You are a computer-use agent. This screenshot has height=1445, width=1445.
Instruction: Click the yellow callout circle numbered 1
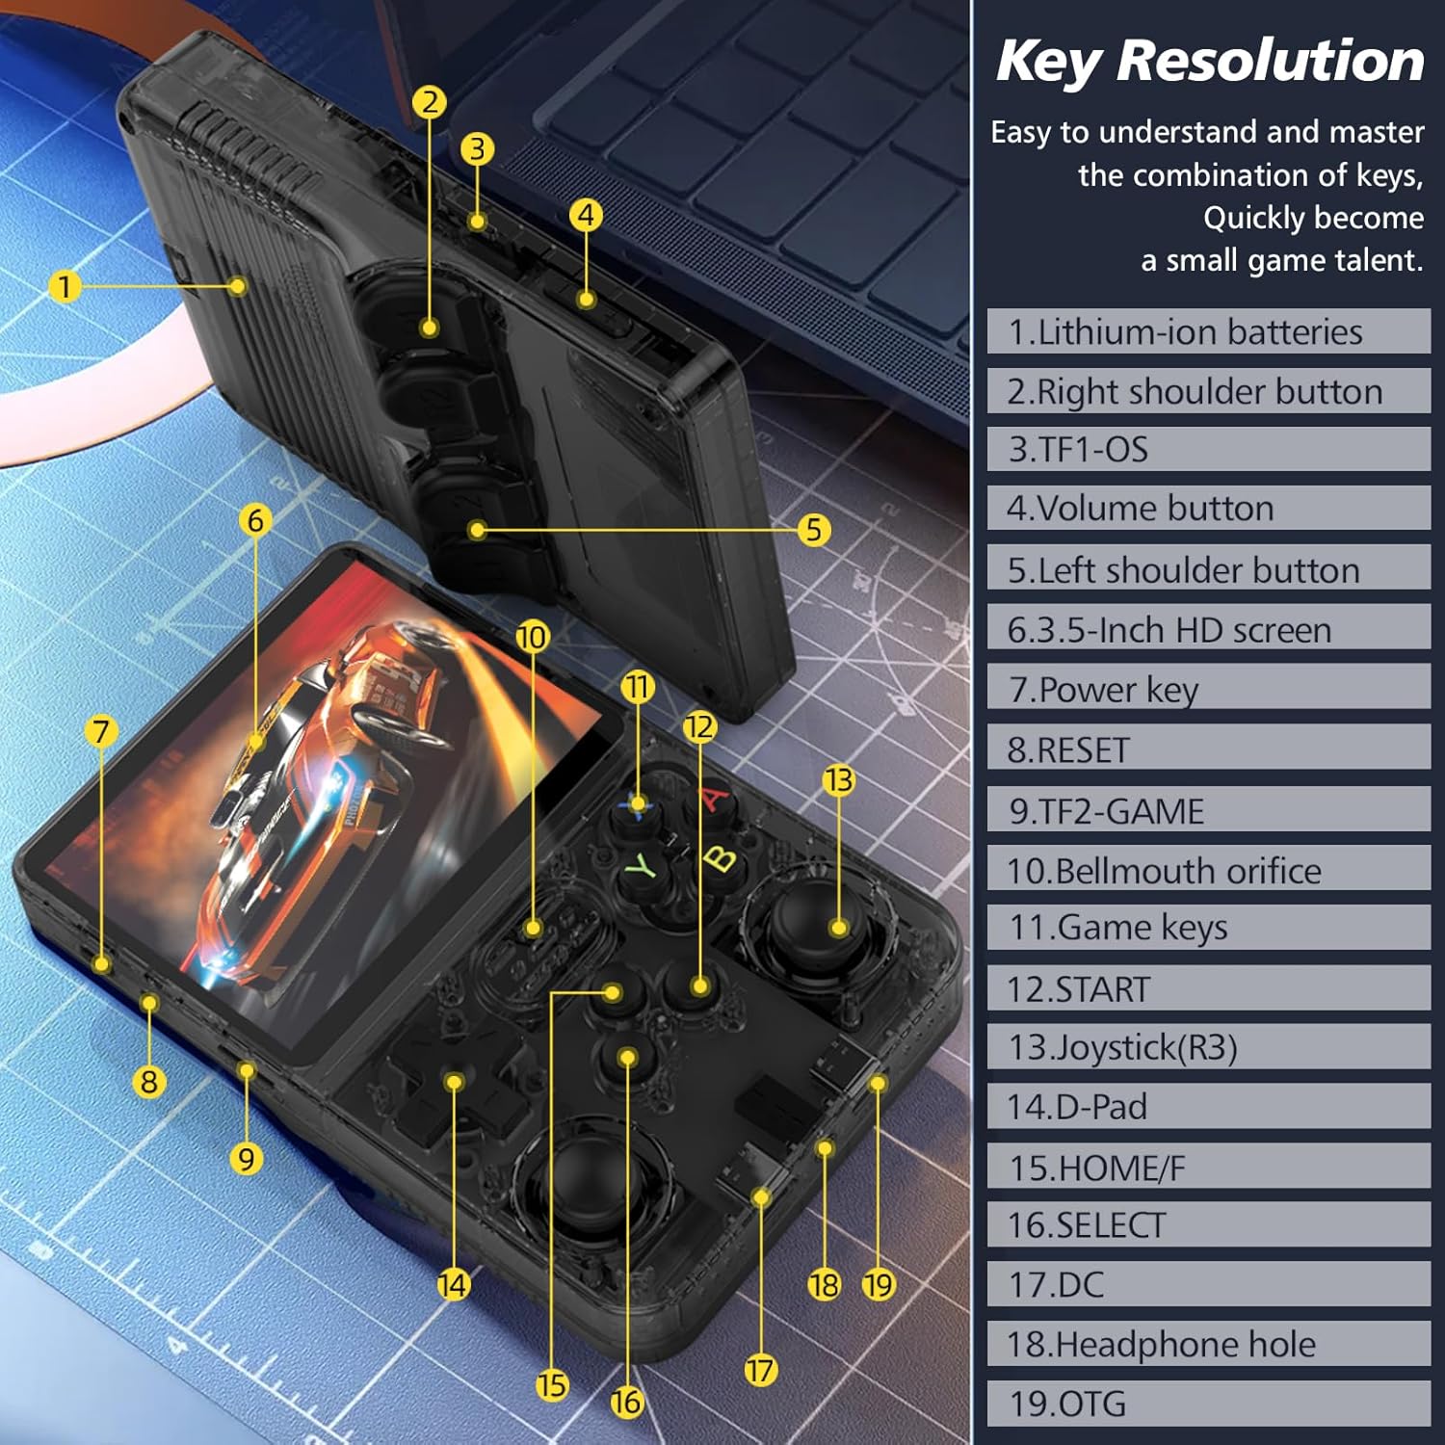pyautogui.click(x=65, y=286)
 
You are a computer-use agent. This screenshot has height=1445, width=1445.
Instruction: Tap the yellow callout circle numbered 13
pyautogui.click(x=838, y=780)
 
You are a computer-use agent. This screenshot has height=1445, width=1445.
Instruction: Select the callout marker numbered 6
pyautogui.click(x=255, y=520)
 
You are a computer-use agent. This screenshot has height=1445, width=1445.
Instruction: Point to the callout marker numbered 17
pyautogui.click(x=760, y=1370)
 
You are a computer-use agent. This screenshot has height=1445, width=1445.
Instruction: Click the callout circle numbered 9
pyautogui.click(x=247, y=1158)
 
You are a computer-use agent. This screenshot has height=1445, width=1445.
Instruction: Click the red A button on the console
pyautogui.click(x=713, y=800)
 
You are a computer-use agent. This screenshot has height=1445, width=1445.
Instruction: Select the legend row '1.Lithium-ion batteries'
pyautogui.click(x=1208, y=331)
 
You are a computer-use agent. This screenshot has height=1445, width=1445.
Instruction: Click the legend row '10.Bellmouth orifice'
pyautogui.click(x=1208, y=870)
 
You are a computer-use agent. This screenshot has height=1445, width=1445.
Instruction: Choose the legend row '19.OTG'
pyautogui.click(x=1208, y=1404)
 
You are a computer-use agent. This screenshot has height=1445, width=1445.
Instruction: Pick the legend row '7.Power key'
pyautogui.click(x=1208, y=689)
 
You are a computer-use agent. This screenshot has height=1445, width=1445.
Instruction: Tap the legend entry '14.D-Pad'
pyautogui.click(x=1208, y=1107)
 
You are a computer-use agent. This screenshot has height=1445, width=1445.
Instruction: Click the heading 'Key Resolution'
pyautogui.click(x=1210, y=61)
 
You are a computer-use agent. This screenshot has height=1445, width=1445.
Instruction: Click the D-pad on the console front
pyautogui.click(x=453, y=1084)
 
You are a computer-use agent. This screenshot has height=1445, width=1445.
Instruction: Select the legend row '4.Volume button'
pyautogui.click(x=1208, y=508)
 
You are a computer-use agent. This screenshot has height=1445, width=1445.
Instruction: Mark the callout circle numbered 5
pyautogui.click(x=814, y=530)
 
